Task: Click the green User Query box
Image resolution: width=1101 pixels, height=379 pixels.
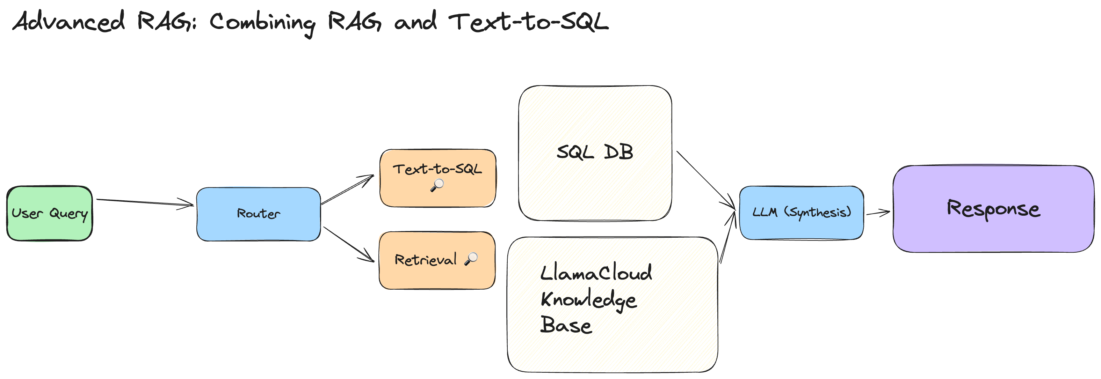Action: (x=50, y=213)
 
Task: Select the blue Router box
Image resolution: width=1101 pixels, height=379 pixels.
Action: (x=258, y=214)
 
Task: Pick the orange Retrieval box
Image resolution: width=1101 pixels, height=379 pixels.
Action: (x=436, y=260)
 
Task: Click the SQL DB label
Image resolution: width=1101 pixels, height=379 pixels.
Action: (x=594, y=152)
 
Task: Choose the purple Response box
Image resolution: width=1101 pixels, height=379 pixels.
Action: (x=993, y=209)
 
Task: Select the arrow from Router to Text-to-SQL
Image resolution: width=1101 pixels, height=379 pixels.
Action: (x=347, y=189)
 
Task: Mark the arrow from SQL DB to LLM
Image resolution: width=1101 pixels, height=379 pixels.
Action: (x=705, y=179)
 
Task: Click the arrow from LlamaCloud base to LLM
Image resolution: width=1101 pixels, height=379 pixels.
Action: (x=727, y=237)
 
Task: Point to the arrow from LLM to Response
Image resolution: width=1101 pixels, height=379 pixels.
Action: (x=877, y=213)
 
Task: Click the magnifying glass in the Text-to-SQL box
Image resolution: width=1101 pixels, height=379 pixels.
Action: (x=437, y=185)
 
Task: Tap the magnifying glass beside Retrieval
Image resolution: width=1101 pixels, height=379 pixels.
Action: (x=471, y=258)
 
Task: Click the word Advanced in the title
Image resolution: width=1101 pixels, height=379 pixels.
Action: (x=68, y=21)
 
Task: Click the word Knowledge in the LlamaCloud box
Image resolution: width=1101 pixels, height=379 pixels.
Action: (x=588, y=300)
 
